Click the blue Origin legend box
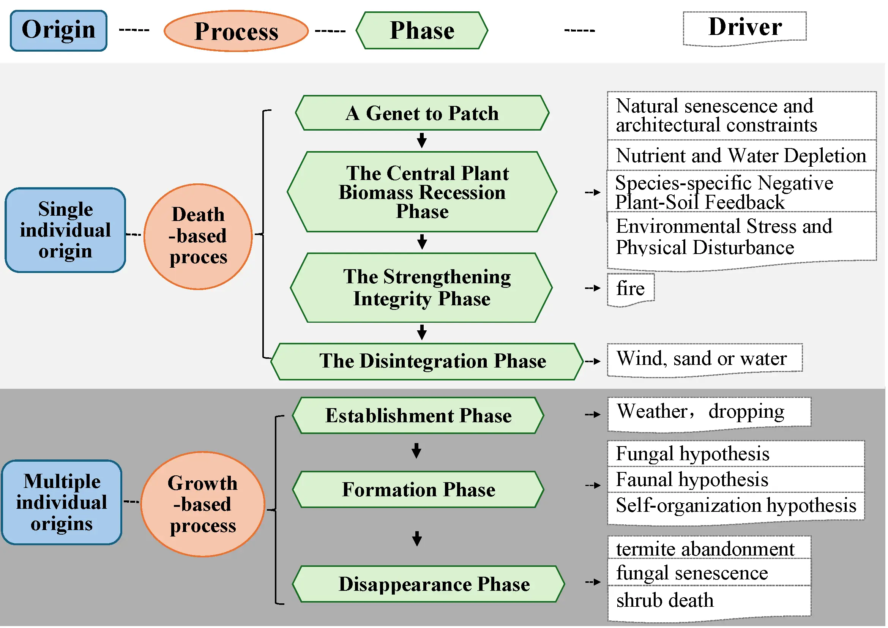[58, 30]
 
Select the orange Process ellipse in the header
[236, 31]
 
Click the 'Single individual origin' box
[65, 230]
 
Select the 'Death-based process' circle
[199, 237]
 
